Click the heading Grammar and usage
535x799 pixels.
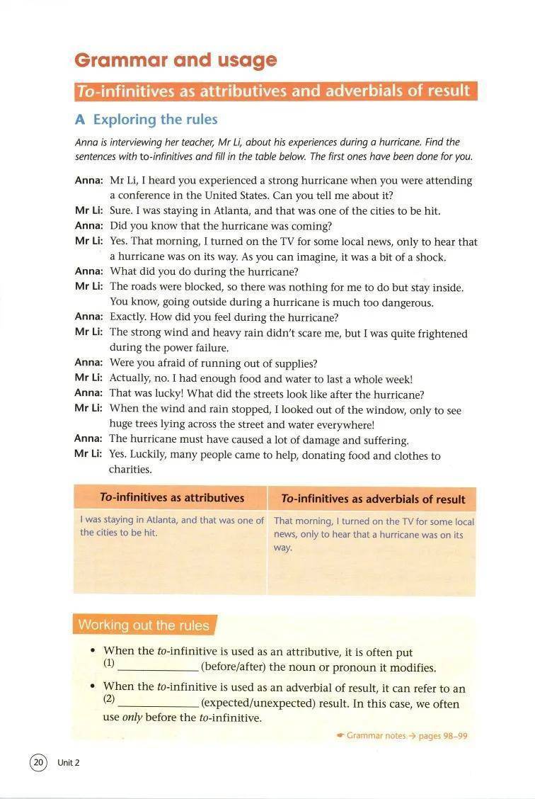coord(176,60)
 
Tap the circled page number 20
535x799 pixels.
coord(38,762)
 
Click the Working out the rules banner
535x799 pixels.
coord(144,625)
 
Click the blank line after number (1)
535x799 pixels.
coord(158,668)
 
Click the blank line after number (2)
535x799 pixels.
coord(158,704)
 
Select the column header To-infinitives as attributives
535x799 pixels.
coord(171,498)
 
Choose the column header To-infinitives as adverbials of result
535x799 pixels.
coord(373,499)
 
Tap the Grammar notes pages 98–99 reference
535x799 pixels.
coord(402,736)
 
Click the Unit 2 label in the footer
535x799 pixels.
coord(69,763)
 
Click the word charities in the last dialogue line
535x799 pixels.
coord(130,470)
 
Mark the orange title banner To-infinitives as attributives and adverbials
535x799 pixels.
coord(276,91)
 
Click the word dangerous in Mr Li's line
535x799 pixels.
coord(405,303)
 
